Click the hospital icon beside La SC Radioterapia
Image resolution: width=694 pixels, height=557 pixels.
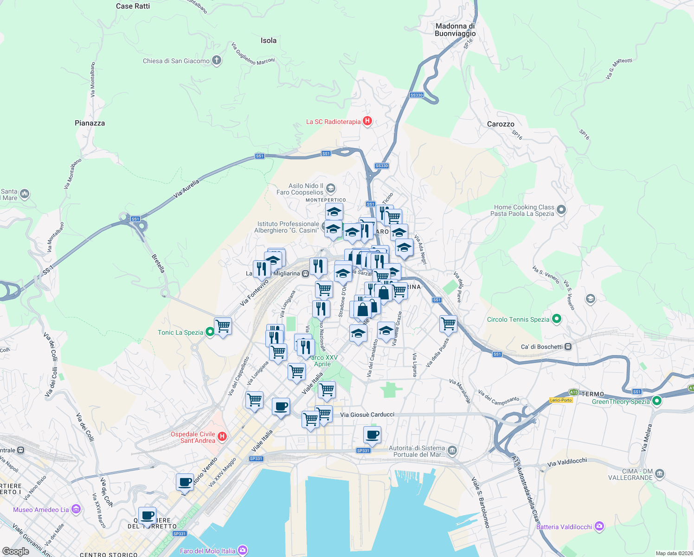pyautogui.click(x=367, y=122)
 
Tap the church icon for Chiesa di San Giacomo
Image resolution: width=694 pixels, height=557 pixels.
pyautogui.click(x=217, y=61)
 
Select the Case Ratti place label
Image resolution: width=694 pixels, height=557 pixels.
pyautogui.click(x=133, y=6)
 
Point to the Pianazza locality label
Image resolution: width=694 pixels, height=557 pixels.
pyautogui.click(x=90, y=123)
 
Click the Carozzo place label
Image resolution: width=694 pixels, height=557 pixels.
pyautogui.click(x=501, y=124)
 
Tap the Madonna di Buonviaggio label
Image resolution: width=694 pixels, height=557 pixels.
pyautogui.click(x=455, y=30)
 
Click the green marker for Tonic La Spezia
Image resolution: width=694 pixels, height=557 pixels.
pyautogui.click(x=210, y=332)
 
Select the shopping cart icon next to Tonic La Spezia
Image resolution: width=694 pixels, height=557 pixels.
pyautogui.click(x=223, y=326)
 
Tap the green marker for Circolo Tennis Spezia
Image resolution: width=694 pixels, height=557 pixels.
pyautogui.click(x=557, y=319)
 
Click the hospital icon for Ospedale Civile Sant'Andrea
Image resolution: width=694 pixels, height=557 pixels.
pyautogui.click(x=222, y=437)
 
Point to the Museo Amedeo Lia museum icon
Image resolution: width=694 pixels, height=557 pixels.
pyautogui.click(x=76, y=510)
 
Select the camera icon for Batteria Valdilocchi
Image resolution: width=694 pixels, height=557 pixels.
pyautogui.click(x=599, y=526)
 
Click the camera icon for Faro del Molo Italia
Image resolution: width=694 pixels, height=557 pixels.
pyautogui.click(x=242, y=551)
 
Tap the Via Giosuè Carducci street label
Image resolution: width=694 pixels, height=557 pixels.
pyautogui.click(x=367, y=415)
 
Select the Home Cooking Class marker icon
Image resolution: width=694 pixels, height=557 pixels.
pyautogui.click(x=561, y=210)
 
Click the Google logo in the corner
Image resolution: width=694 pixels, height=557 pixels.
pyautogui.click(x=16, y=551)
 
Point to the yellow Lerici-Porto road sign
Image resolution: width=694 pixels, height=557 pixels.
pyautogui.click(x=560, y=400)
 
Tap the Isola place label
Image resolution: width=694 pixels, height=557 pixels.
pyautogui.click(x=269, y=40)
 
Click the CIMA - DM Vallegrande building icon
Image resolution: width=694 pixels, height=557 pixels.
pyautogui.click(x=660, y=474)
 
